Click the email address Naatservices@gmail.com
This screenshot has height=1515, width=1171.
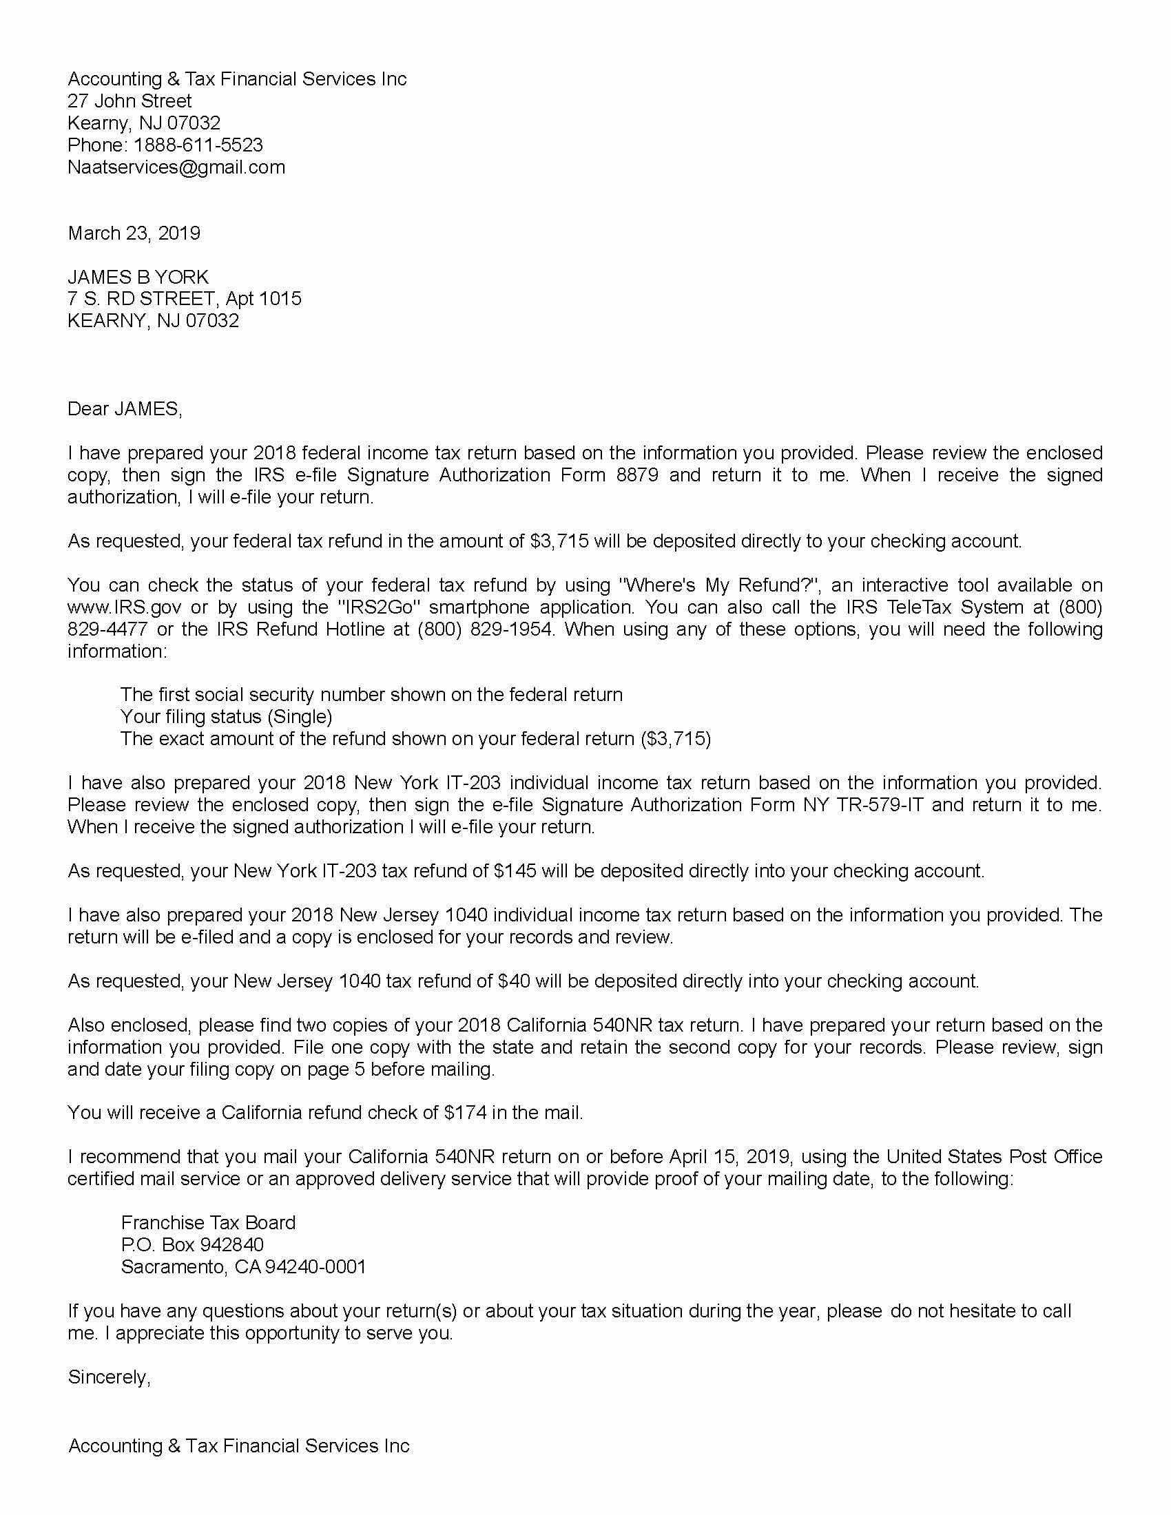click(x=176, y=167)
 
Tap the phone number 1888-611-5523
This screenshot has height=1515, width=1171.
click(x=198, y=145)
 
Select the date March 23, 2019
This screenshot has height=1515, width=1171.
click(x=134, y=233)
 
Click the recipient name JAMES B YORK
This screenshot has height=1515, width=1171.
click(x=138, y=277)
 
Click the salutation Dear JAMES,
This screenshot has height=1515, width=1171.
click(x=125, y=408)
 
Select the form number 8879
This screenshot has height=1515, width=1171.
click(x=638, y=475)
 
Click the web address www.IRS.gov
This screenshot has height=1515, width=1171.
click(x=124, y=607)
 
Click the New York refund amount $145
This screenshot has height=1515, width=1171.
click(x=515, y=871)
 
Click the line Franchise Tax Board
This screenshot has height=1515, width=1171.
click(x=208, y=1222)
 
